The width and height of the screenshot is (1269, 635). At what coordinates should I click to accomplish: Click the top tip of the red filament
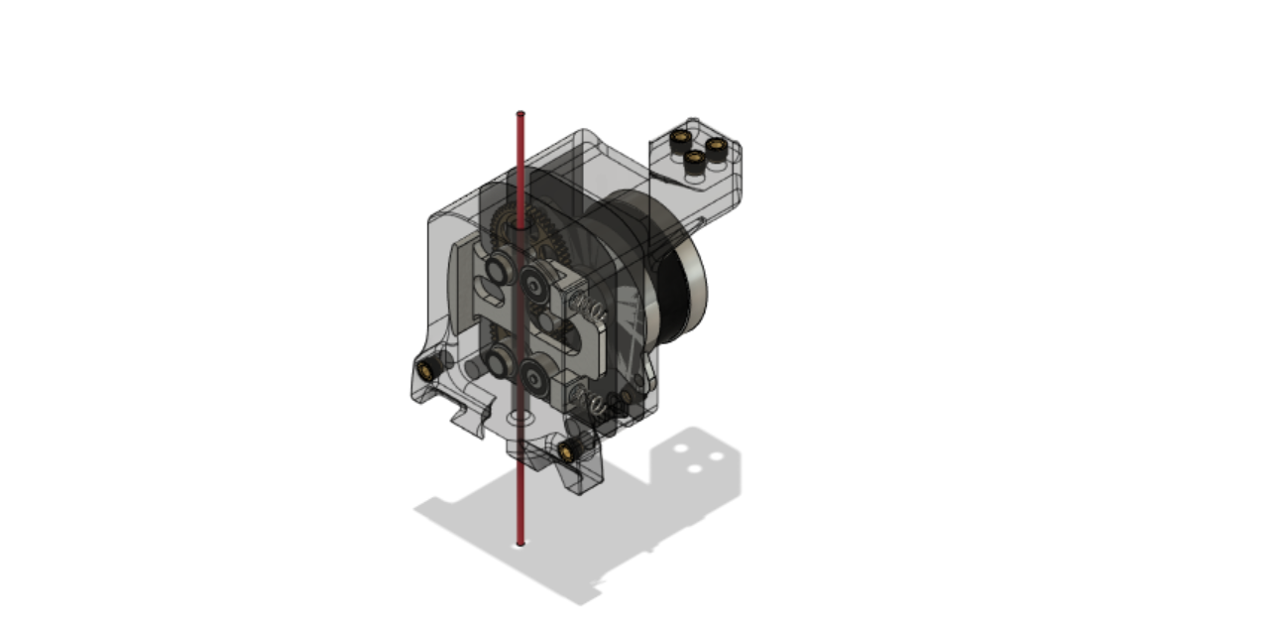(519, 114)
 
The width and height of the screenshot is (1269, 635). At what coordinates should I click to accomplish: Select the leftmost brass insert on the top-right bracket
(680, 135)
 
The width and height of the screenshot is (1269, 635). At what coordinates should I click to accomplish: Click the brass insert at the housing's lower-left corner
(427, 369)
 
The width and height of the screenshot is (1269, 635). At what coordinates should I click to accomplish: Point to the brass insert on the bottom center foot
(567, 452)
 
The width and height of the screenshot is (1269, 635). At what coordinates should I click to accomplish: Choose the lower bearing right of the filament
(536, 375)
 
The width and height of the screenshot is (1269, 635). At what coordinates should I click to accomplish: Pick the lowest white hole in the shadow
(696, 467)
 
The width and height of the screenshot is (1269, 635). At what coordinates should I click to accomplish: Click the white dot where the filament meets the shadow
(519, 544)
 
